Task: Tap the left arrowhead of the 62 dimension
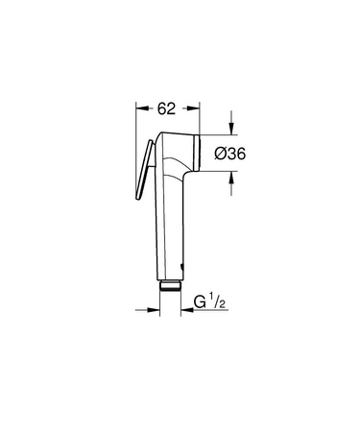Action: (142, 108)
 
